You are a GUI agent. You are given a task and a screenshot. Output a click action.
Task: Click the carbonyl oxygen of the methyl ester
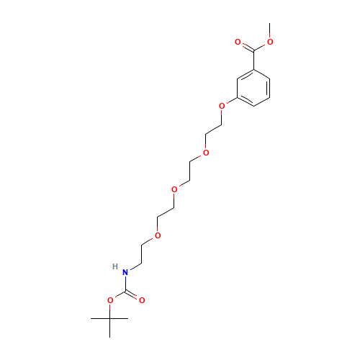[x=238, y=42]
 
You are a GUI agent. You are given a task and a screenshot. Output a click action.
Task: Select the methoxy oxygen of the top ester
[x=269, y=42]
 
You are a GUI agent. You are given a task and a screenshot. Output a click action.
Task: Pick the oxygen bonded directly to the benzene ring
[x=222, y=106]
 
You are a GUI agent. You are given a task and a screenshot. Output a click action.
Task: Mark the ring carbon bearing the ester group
[x=253, y=71]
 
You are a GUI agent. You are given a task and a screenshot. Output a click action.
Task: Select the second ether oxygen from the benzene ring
[x=206, y=152]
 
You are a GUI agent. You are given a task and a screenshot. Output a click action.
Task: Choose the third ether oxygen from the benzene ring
[x=174, y=189]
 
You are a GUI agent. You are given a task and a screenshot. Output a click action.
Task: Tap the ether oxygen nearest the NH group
[x=158, y=235]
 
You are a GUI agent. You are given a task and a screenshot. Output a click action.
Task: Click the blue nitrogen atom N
[x=125, y=272]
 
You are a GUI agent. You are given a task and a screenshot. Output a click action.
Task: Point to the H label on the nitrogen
[x=115, y=266]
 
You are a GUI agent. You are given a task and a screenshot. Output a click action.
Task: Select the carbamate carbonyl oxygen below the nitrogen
[x=142, y=300]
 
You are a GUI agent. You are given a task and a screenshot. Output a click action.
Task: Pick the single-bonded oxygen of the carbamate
[x=109, y=300]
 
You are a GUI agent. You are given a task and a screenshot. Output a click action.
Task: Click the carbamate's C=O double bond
[x=134, y=295]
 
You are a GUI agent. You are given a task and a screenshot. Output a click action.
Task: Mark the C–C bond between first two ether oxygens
[x=214, y=129]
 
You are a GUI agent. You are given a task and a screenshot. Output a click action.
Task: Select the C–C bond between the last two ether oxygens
[x=166, y=212]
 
